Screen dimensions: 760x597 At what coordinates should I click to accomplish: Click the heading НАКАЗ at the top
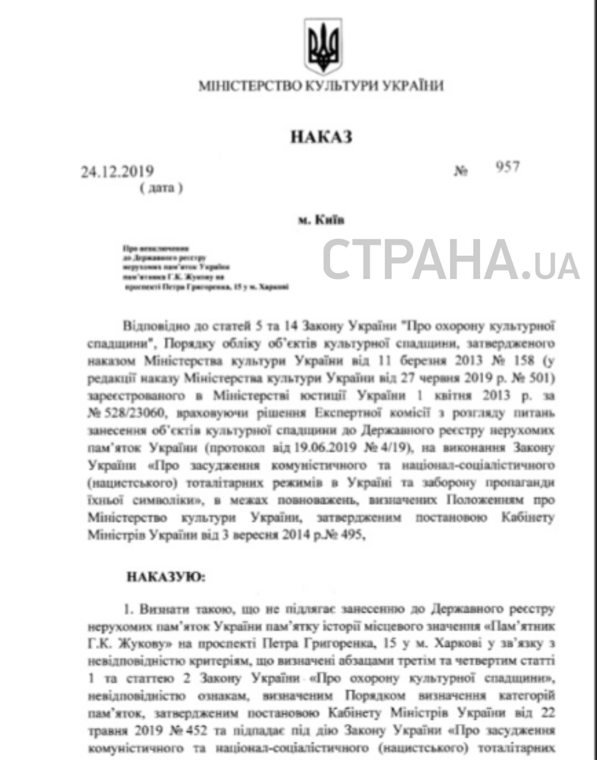point(321,137)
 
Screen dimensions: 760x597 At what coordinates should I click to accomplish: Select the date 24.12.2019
point(117,171)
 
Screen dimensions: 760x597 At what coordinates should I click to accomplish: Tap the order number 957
point(507,167)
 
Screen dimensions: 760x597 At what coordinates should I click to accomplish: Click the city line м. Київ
point(321,220)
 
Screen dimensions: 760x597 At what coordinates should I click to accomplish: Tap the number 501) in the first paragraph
point(541,378)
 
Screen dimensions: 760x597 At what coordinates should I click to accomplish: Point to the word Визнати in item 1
point(161,609)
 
